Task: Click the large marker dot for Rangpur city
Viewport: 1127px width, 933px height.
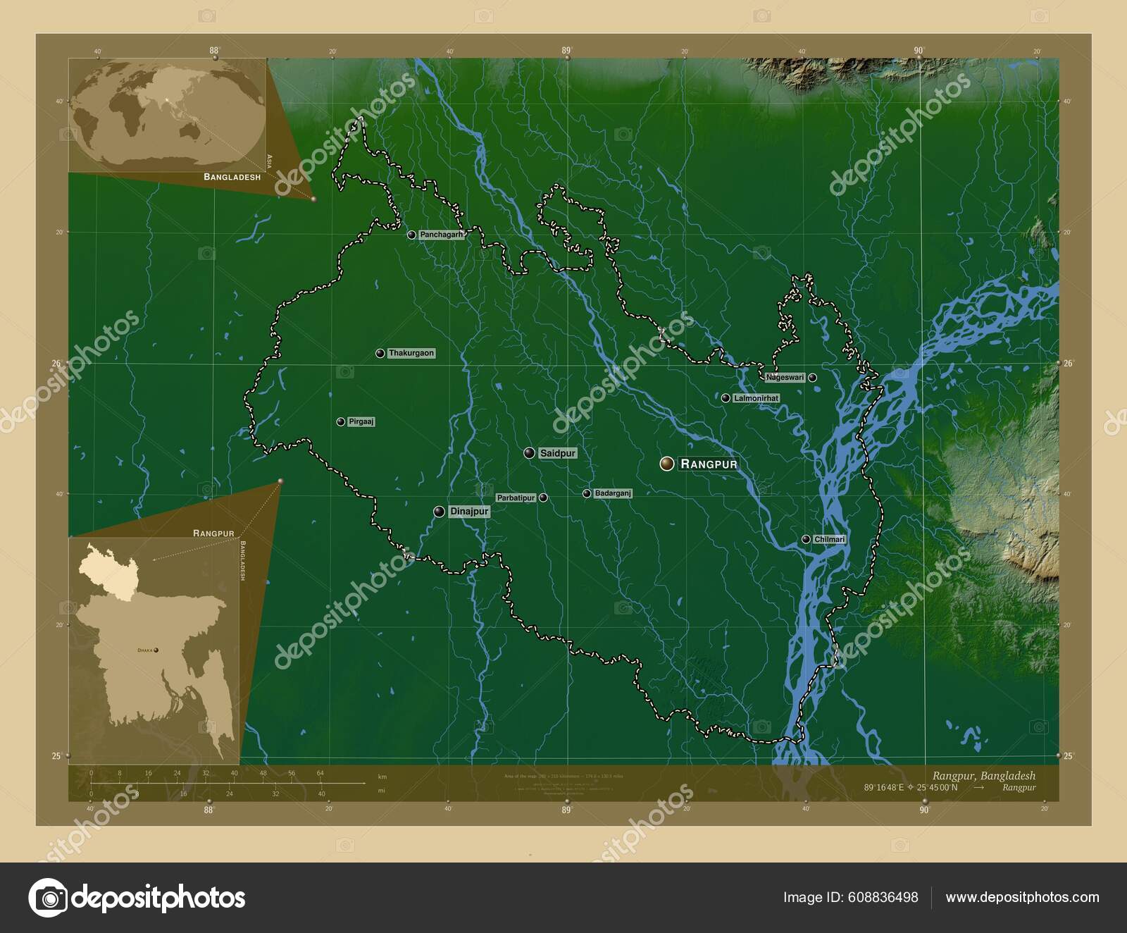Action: (666, 463)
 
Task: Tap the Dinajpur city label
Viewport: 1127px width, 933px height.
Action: (469, 512)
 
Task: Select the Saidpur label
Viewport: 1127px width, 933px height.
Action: (558, 454)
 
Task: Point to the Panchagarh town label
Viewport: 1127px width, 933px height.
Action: (442, 235)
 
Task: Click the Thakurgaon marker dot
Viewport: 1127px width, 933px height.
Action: (380, 353)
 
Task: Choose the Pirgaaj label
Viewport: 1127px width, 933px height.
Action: (361, 421)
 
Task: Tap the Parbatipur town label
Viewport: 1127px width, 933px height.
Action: (516, 498)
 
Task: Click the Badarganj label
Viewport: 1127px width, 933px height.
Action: (613, 493)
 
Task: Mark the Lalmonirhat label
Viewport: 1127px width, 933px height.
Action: (756, 398)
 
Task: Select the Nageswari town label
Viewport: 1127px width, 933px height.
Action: (785, 378)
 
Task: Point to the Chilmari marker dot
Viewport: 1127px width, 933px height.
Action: (806, 539)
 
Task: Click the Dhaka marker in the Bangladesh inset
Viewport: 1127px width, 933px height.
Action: (156, 650)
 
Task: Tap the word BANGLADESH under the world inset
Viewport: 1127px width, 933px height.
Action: (232, 177)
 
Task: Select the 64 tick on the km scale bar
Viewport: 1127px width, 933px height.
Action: (320, 773)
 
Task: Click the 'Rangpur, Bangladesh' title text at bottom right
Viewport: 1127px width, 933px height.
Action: (983, 775)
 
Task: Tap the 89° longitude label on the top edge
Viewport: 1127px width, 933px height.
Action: (566, 50)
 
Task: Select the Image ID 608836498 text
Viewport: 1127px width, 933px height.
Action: (850, 897)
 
